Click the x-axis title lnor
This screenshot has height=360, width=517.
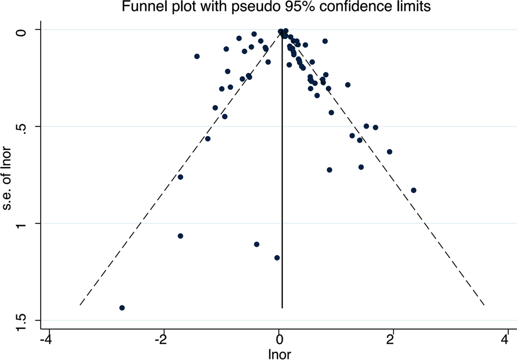tap(280, 354)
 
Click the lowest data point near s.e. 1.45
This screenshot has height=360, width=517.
tap(122, 308)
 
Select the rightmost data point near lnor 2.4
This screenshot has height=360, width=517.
tap(414, 190)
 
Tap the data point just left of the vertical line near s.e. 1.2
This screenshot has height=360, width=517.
tap(277, 258)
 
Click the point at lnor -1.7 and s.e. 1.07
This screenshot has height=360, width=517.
tap(181, 236)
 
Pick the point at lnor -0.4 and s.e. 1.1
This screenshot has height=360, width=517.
tap(256, 244)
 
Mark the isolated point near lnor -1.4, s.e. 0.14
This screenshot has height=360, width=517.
tap(197, 57)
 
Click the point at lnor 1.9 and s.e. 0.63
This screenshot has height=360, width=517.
tap(389, 151)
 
